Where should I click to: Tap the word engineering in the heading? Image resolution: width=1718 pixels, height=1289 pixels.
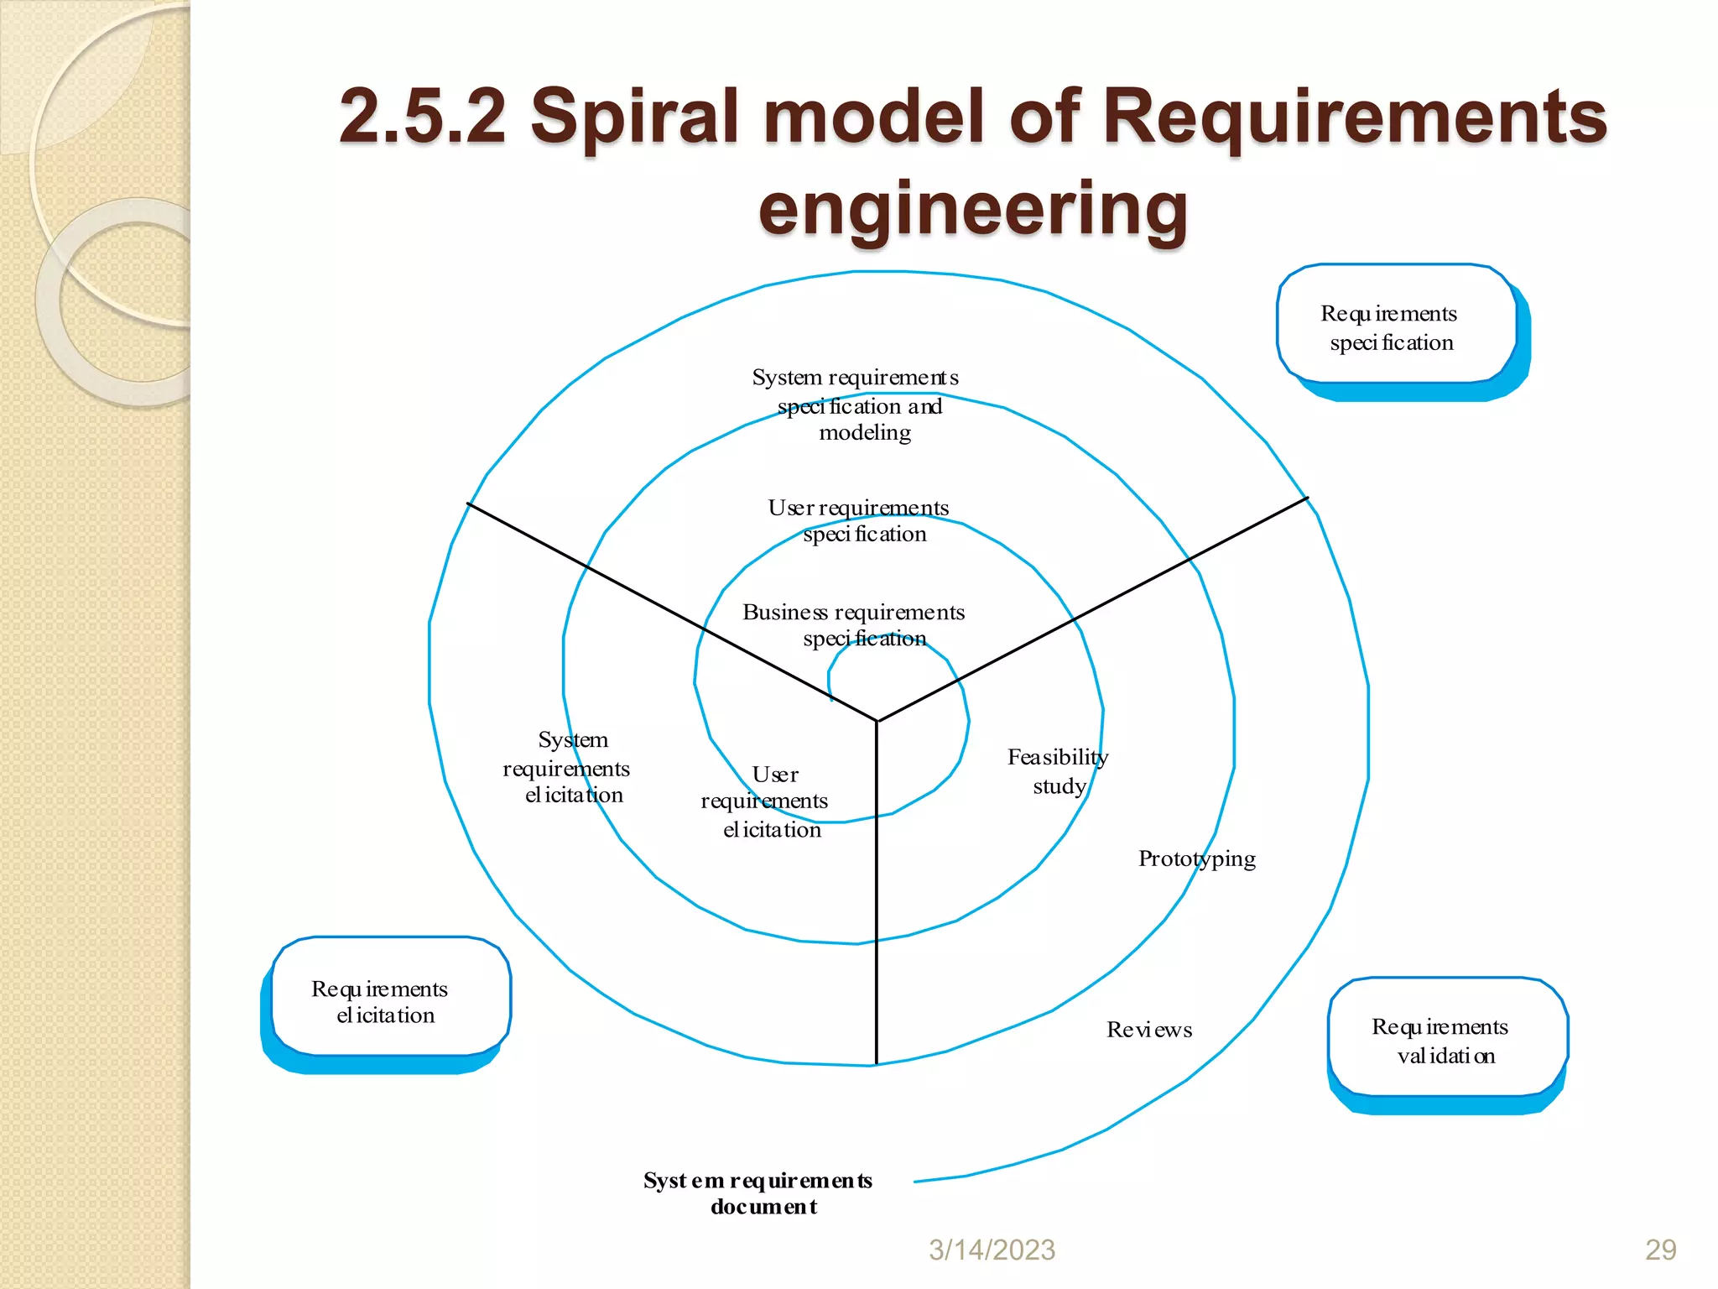[973, 209]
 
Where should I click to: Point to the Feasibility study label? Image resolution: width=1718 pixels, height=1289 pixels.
[1058, 770]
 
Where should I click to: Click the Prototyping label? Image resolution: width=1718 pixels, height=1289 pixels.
[1196, 858]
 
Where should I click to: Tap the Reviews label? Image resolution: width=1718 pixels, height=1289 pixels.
[1148, 1030]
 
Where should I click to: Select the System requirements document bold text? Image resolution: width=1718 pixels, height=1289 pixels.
[758, 1192]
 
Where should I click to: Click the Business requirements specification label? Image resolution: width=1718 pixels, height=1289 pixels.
[854, 624]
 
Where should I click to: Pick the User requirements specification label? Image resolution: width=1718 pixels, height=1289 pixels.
[859, 520]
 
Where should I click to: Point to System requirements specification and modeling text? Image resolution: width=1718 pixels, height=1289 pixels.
[856, 404]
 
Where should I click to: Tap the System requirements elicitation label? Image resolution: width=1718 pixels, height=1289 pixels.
[568, 767]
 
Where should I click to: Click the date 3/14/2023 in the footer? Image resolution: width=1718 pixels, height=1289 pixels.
[992, 1250]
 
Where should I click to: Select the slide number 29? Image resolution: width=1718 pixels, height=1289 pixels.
[1660, 1250]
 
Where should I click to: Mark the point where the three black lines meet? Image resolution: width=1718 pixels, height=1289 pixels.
[877, 720]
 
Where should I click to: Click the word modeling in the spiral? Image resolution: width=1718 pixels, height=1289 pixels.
[865, 433]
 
